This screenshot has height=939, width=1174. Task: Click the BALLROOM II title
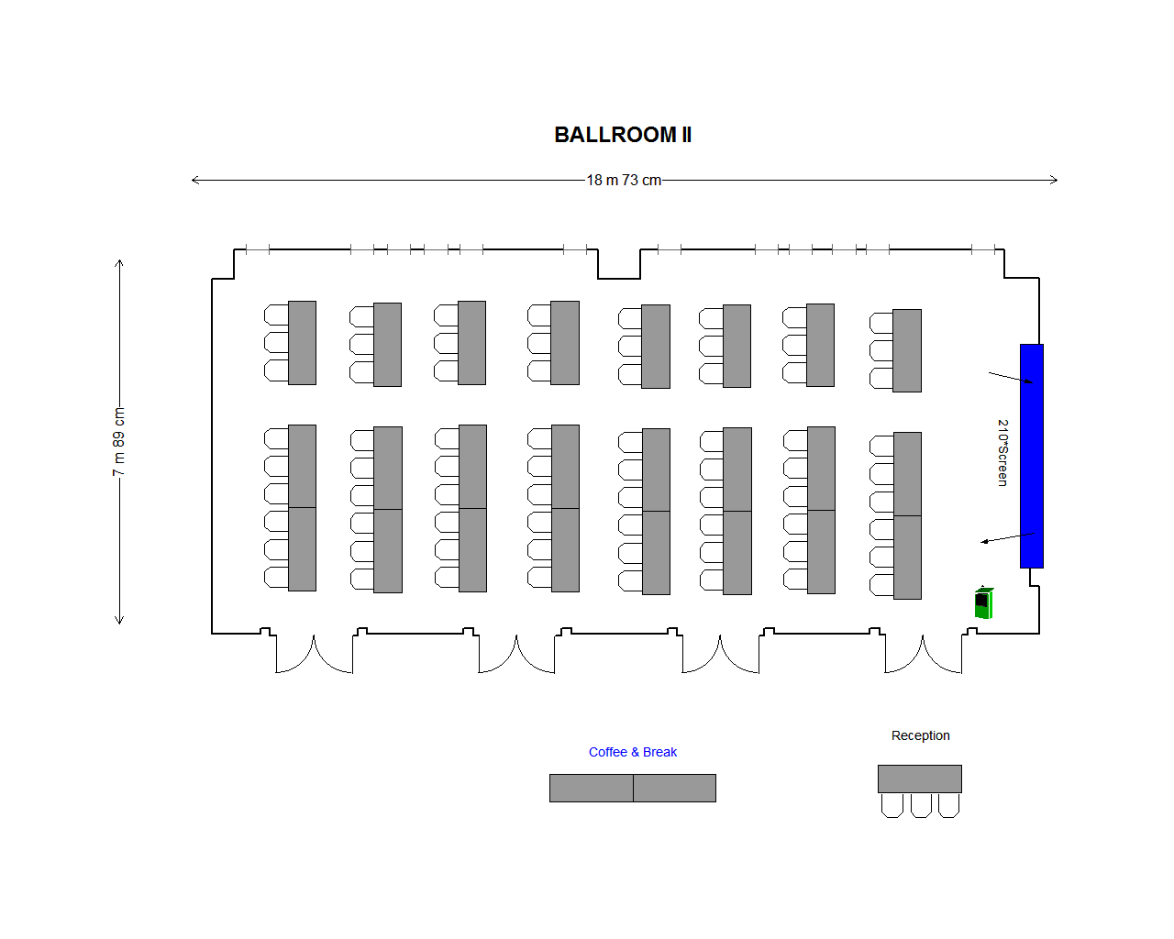click(x=623, y=135)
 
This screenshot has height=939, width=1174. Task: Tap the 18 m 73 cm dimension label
click(x=624, y=180)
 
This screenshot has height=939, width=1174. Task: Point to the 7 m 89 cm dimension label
click(x=118, y=442)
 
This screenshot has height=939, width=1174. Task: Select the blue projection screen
click(x=1032, y=456)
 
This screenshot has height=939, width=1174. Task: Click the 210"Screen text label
click(x=1002, y=453)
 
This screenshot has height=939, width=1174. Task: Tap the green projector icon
click(x=983, y=602)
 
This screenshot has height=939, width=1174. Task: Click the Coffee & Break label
click(x=633, y=752)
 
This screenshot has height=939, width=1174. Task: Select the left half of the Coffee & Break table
click(x=592, y=788)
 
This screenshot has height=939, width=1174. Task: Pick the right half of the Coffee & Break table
click(x=674, y=788)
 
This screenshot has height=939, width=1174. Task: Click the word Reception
click(x=920, y=735)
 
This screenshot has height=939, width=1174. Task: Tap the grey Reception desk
click(x=919, y=779)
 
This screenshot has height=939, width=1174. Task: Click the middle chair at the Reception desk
click(x=921, y=805)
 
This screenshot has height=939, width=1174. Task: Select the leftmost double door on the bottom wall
click(x=315, y=653)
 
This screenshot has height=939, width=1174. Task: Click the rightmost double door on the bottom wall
click(x=923, y=653)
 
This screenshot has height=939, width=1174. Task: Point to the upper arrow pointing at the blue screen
click(x=1011, y=378)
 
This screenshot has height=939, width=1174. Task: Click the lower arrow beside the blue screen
click(x=1006, y=537)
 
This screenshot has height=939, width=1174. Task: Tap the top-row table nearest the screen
click(x=907, y=350)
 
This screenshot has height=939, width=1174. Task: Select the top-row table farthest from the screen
click(x=302, y=343)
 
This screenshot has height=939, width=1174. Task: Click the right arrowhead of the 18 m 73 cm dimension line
click(x=1055, y=180)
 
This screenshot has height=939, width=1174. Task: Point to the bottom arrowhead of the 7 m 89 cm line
click(x=119, y=621)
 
